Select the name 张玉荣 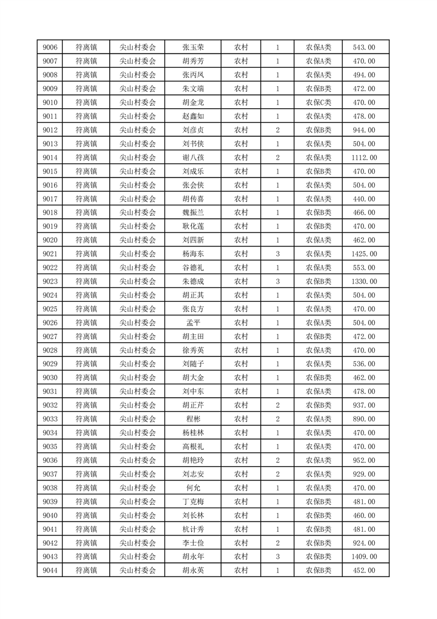[x=193, y=47]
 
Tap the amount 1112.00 [x=364, y=158]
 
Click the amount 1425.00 [x=364, y=254]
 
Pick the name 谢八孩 [x=193, y=158]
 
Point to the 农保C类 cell [x=319, y=103]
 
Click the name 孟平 [x=193, y=323]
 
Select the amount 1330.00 [x=364, y=281]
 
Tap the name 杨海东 [x=193, y=254]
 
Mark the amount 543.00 [x=364, y=47]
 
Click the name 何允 [x=193, y=488]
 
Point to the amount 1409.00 [x=364, y=557]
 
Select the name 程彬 [x=193, y=419]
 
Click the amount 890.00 [x=364, y=419]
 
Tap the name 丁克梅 [x=193, y=501]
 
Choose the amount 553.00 [x=364, y=268]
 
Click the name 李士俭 [x=193, y=543]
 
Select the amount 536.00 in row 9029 [x=364, y=364]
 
